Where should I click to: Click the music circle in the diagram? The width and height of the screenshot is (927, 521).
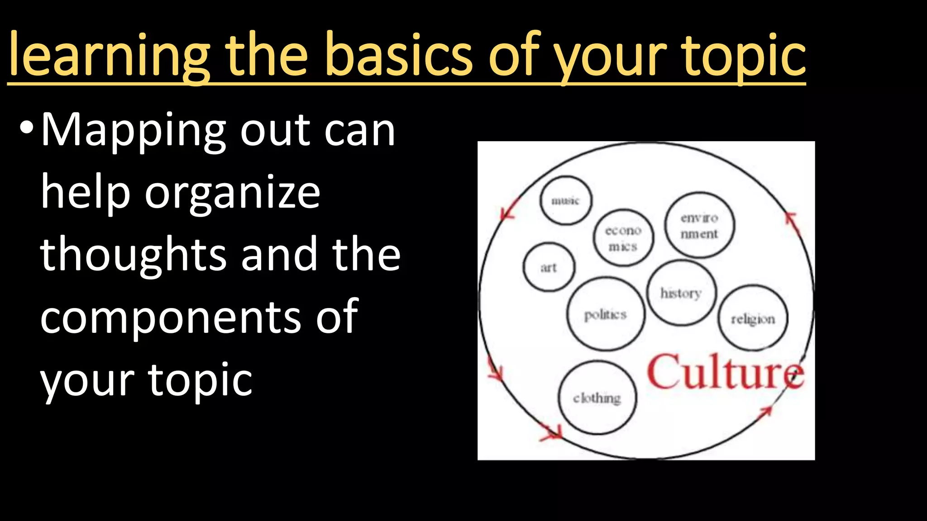(566, 200)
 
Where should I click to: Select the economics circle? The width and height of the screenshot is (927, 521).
(623, 238)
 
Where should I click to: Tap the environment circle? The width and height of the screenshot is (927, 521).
(699, 225)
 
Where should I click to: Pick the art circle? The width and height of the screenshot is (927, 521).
(549, 267)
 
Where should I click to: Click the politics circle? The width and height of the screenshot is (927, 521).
(606, 314)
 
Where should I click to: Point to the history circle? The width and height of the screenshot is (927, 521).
(681, 293)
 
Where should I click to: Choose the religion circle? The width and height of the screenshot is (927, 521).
(753, 318)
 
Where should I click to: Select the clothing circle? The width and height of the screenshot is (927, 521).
(597, 398)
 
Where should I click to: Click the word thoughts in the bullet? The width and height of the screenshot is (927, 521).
(133, 255)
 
